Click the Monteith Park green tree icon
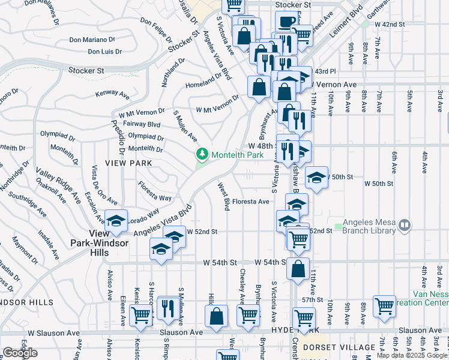(x=203, y=155)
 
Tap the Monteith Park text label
(x=237, y=155)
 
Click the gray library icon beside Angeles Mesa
(x=405, y=226)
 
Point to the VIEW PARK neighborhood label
(x=127, y=163)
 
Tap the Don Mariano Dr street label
(x=91, y=40)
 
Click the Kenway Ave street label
(x=112, y=94)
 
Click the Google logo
(x=20, y=353)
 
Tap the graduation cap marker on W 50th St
(x=316, y=177)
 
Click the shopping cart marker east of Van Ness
(x=384, y=306)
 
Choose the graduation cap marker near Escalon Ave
(x=116, y=220)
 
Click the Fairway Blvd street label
(x=142, y=124)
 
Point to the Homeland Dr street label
(x=204, y=84)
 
